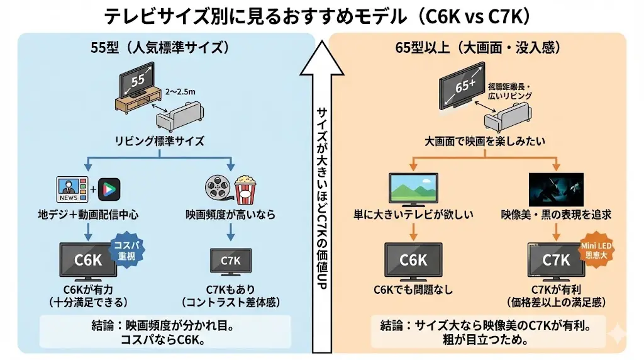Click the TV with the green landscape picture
click(x=413, y=188)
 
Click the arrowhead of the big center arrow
click(x=321, y=53)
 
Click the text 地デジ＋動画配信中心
click(x=88, y=215)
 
